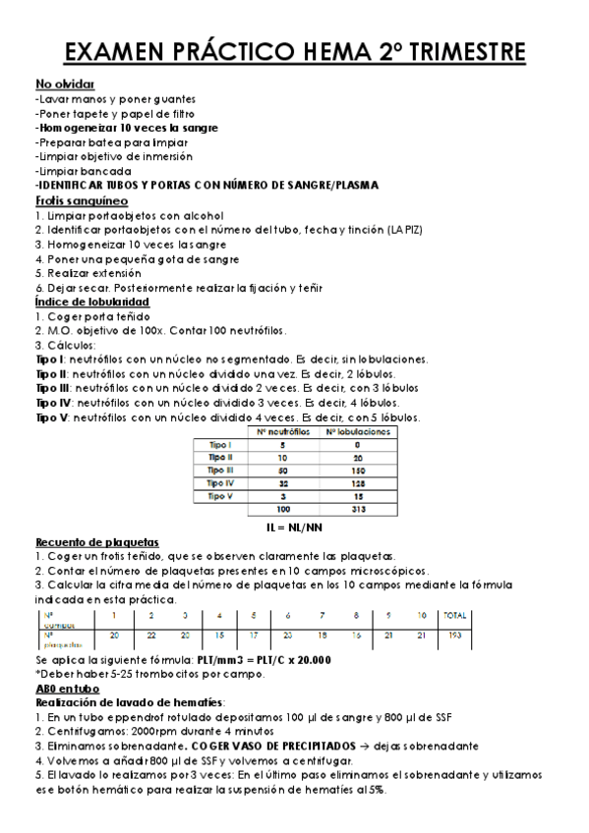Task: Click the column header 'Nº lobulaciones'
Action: (358, 430)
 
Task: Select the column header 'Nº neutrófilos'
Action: (284, 430)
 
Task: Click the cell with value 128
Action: (358, 482)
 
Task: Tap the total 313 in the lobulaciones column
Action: (358, 510)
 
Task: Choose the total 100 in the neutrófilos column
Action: (284, 510)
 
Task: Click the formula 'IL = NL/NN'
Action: (295, 527)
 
